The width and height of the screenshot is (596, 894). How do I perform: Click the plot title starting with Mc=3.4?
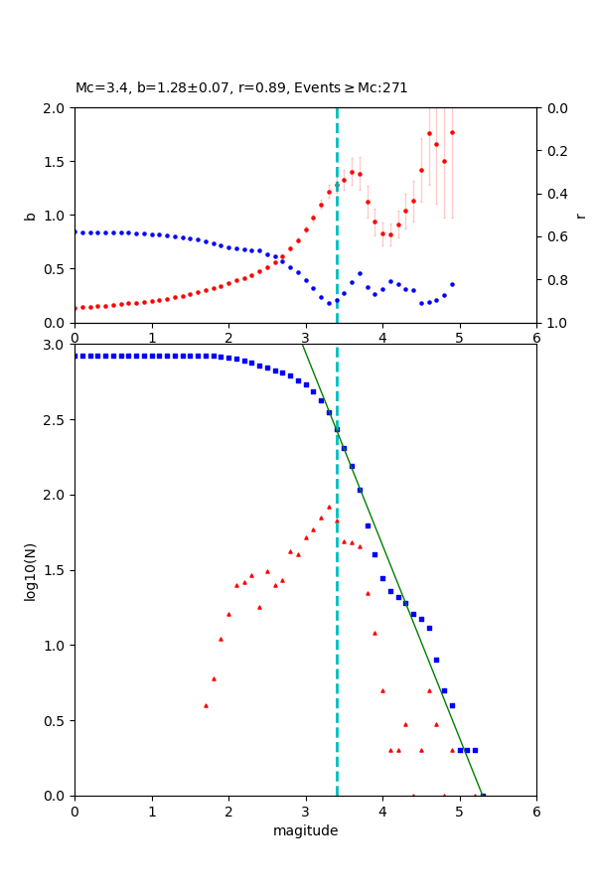241,87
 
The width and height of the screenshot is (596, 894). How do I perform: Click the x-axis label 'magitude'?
305,830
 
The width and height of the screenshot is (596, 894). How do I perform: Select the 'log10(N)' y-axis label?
30,570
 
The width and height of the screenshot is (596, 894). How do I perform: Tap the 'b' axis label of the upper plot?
30,216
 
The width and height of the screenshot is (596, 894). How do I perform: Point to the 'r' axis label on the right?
580,216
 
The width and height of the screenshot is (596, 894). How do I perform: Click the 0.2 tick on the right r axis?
556,151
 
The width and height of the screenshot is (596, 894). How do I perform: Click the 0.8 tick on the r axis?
556,280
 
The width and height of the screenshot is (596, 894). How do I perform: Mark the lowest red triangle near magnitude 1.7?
206,705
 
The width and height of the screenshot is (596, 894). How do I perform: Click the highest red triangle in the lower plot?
329,507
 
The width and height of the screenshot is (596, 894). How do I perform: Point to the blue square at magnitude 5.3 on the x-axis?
483,796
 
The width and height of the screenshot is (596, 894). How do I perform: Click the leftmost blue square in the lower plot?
75,356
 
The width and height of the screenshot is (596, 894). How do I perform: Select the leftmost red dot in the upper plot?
75,308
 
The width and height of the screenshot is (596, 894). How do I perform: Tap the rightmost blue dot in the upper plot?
452,284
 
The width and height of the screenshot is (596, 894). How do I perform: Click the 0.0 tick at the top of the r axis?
556,108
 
